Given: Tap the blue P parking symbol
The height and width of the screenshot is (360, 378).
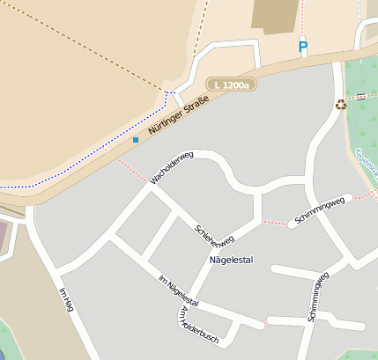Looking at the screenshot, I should [303, 47].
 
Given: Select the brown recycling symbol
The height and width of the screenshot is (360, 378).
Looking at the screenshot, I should [341, 106].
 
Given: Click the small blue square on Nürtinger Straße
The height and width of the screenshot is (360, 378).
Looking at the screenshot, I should [135, 139].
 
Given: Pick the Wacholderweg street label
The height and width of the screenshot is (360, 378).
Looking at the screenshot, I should [170, 166].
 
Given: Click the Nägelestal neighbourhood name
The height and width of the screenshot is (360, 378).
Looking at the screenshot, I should [230, 261].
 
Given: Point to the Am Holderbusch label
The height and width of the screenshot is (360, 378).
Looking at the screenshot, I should [197, 325].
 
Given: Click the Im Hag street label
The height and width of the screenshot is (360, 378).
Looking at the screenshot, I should [66, 300].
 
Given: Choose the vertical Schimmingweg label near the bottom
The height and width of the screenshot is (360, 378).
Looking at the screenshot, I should [317, 297].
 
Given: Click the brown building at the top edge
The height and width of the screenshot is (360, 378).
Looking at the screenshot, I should [274, 16].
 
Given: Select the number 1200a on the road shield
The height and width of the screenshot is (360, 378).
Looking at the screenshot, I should [235, 84].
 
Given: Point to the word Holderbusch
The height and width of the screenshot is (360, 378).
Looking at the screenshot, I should [202, 328].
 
